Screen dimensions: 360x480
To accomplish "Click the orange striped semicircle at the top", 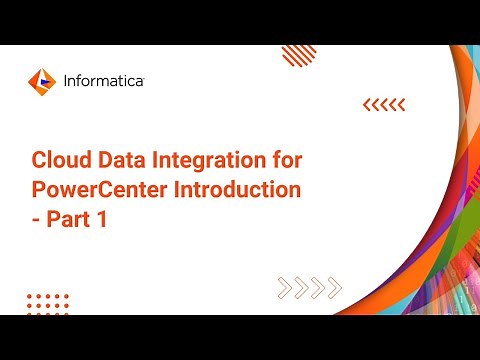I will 299,53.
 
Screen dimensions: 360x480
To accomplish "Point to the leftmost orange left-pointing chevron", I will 366,103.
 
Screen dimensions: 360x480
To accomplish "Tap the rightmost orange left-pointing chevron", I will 401,103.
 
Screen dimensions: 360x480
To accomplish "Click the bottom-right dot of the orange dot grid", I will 66,311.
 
